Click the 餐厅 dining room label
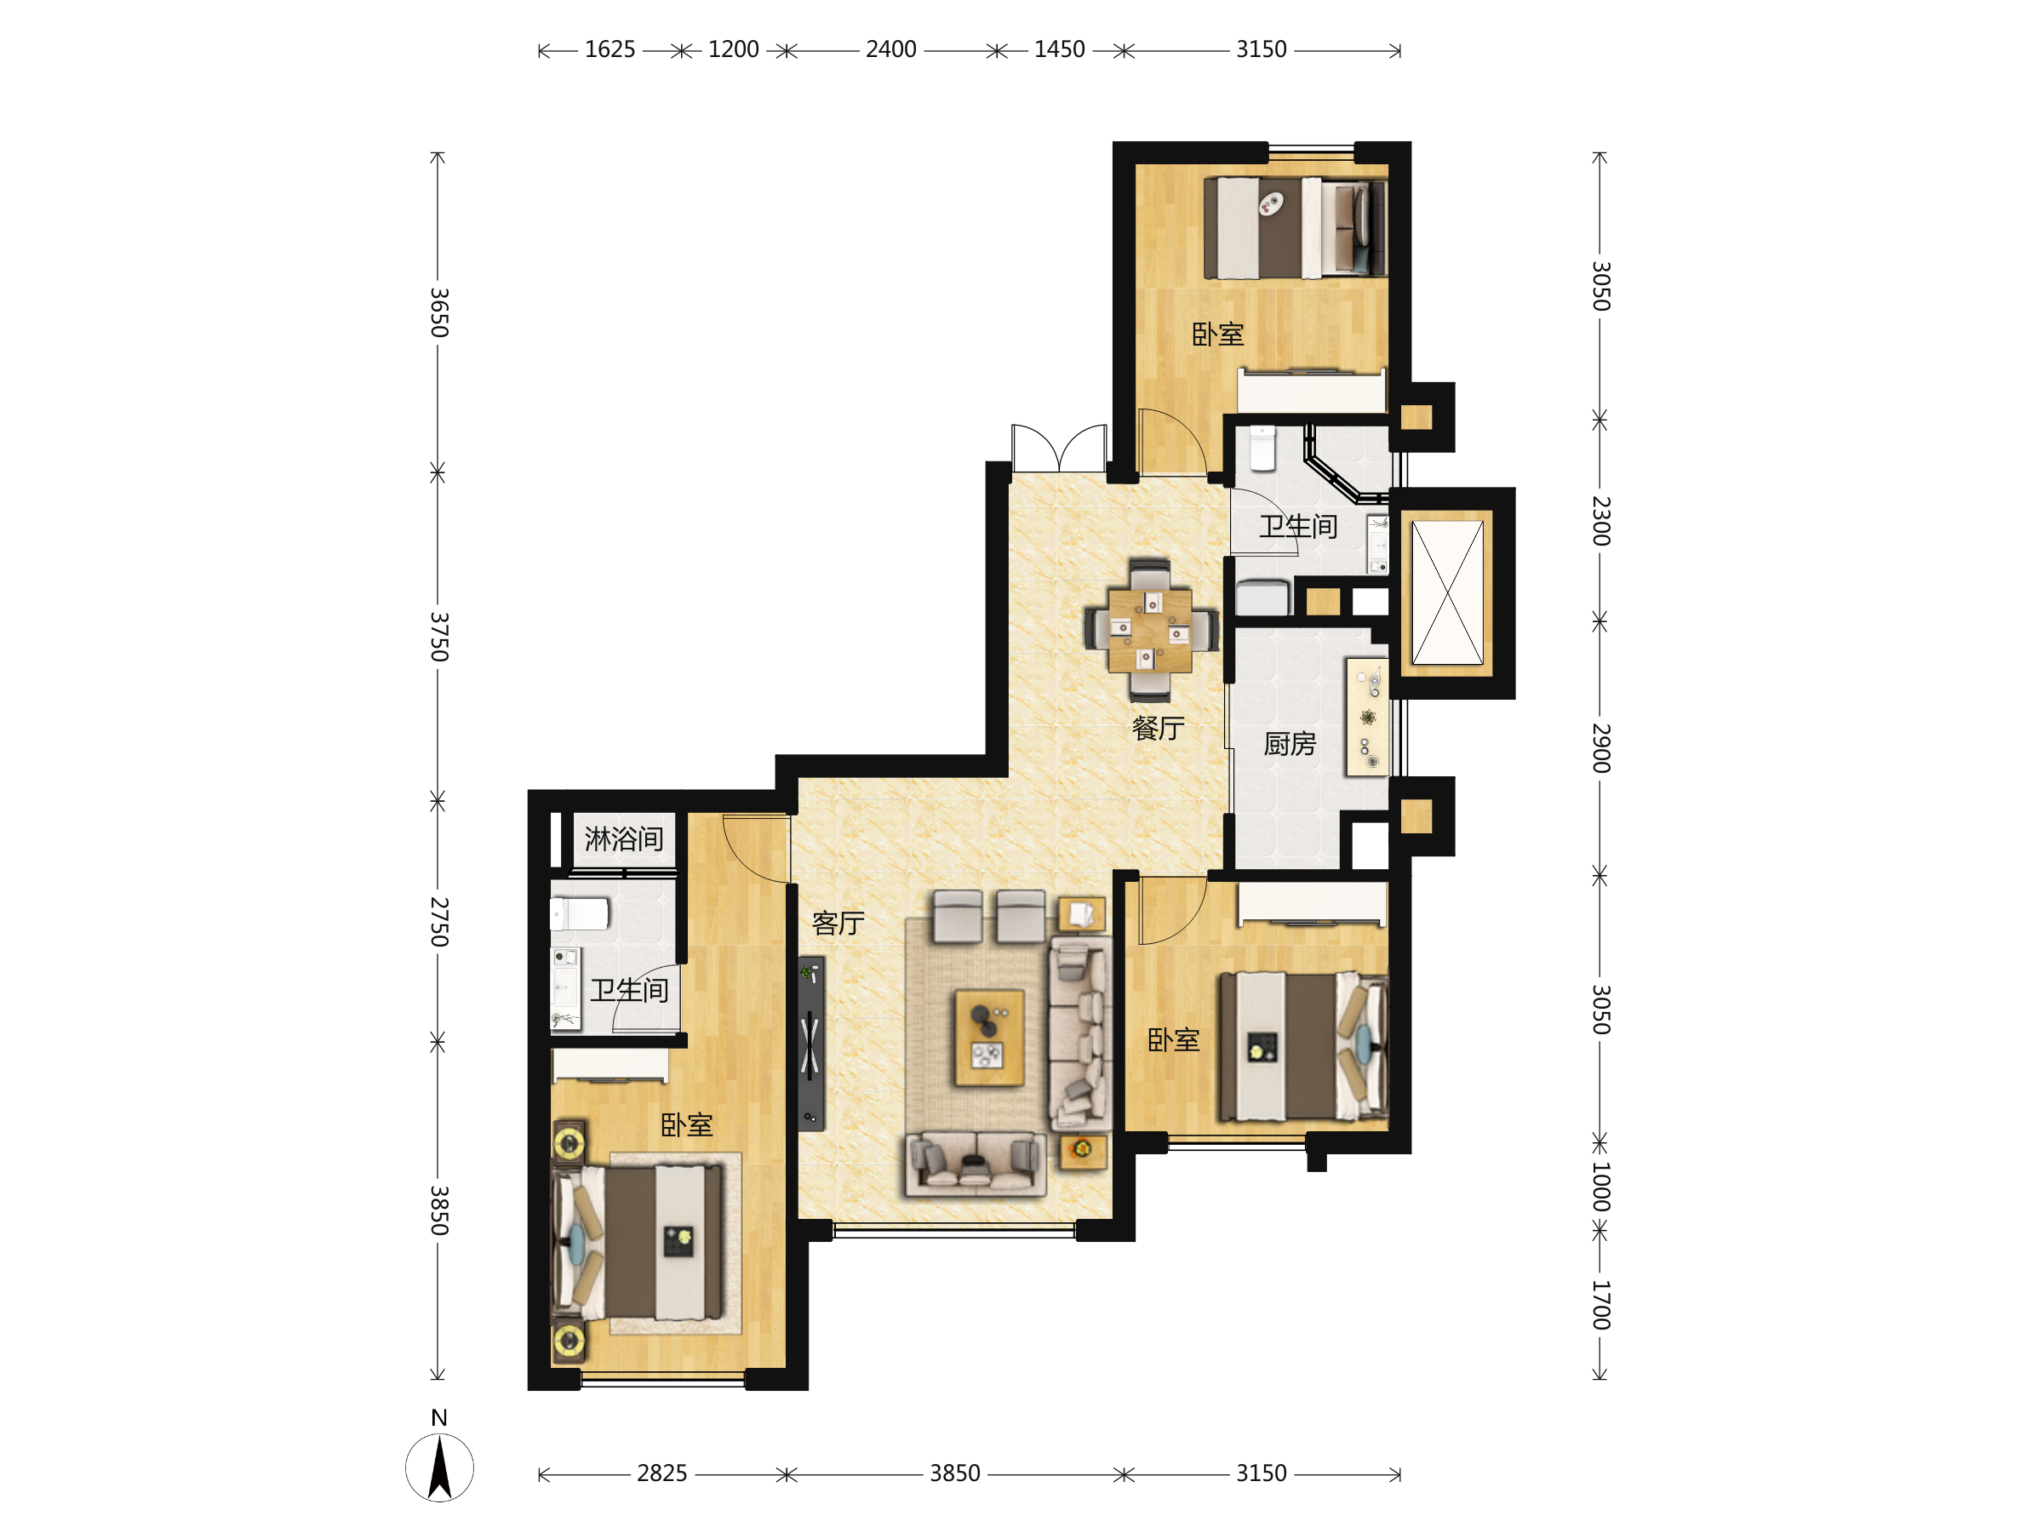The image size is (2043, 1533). tap(1159, 729)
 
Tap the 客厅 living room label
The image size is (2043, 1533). tap(838, 923)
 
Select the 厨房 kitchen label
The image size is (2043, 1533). tap(1290, 743)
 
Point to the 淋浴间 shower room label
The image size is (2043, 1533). tap(623, 838)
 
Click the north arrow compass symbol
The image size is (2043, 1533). tap(439, 1467)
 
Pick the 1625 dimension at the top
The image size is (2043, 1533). tap(609, 49)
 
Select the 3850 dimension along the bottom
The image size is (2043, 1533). tap(955, 1473)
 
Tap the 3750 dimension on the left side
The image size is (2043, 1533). tap(439, 637)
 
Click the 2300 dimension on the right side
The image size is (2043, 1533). tap(1601, 521)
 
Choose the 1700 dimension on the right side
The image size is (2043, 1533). tap(1601, 1305)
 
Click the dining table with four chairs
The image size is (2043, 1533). tap(1150, 630)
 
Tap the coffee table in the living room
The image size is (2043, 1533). tap(989, 1038)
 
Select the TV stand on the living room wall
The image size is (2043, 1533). tap(811, 1043)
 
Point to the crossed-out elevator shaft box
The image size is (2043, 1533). tap(1447, 592)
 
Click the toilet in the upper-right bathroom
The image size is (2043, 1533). tap(1262, 448)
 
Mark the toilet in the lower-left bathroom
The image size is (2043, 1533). tap(580, 914)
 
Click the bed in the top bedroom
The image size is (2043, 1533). tap(1295, 228)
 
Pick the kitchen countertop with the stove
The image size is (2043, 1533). tap(1368, 717)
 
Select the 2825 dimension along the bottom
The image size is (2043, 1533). tap(661, 1473)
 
